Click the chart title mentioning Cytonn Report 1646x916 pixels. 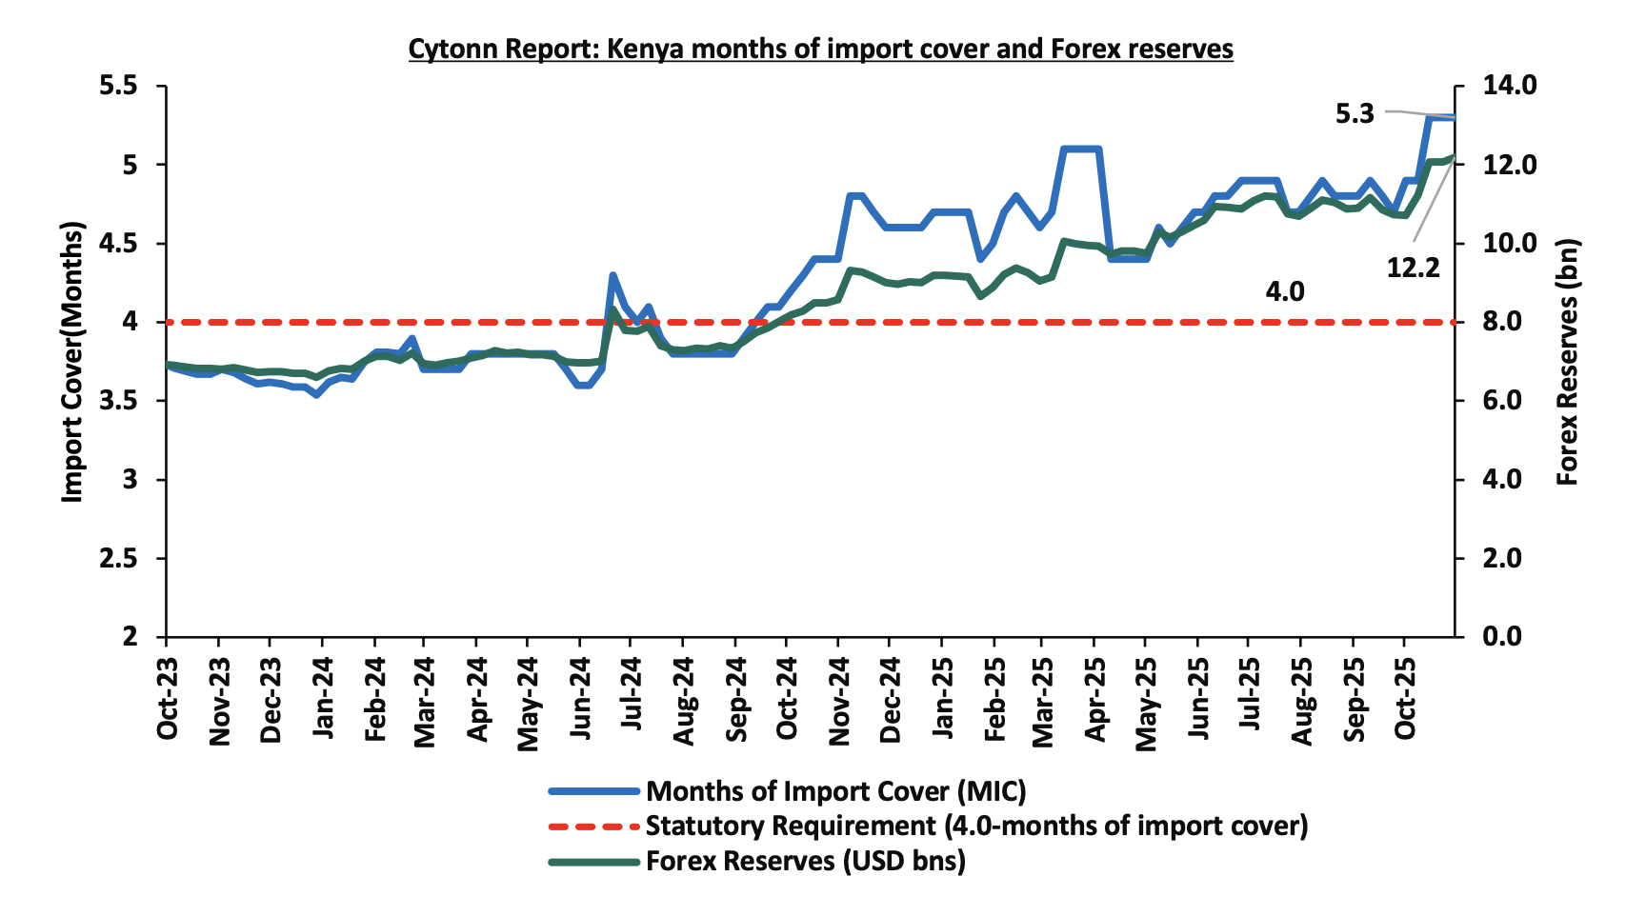pos(820,49)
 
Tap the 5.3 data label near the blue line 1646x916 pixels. pos(1355,114)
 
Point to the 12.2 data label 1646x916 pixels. pos(1413,269)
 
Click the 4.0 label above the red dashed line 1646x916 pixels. pos(1284,291)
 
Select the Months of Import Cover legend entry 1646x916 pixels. pos(835,791)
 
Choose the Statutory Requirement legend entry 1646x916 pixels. pos(976,826)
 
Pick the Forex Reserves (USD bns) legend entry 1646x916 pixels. pos(805,861)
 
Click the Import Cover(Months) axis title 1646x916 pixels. pos(72,362)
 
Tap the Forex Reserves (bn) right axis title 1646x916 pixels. pos(1568,362)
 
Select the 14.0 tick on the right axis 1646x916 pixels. pos(1509,87)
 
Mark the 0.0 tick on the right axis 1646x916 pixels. pos(1509,636)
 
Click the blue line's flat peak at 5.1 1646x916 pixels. pos(1081,149)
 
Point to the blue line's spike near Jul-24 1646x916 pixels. pos(612,275)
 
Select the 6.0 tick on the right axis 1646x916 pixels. pos(1509,401)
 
